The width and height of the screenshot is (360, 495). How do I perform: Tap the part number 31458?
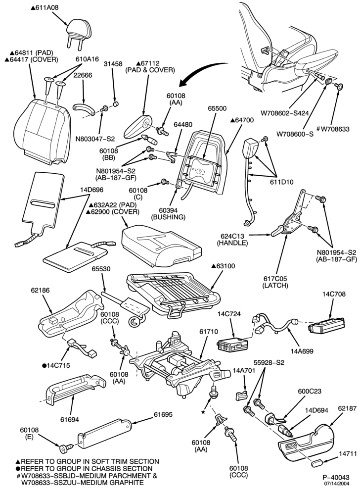point(113,64)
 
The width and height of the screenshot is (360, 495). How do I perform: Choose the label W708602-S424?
point(285,113)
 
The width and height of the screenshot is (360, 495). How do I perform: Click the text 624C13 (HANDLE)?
point(232,240)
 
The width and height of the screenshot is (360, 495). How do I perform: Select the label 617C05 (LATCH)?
point(275,282)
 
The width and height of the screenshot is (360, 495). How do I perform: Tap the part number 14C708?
point(333,294)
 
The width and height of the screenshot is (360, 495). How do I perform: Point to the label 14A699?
point(302,351)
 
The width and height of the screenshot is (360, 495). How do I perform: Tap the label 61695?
point(163,414)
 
